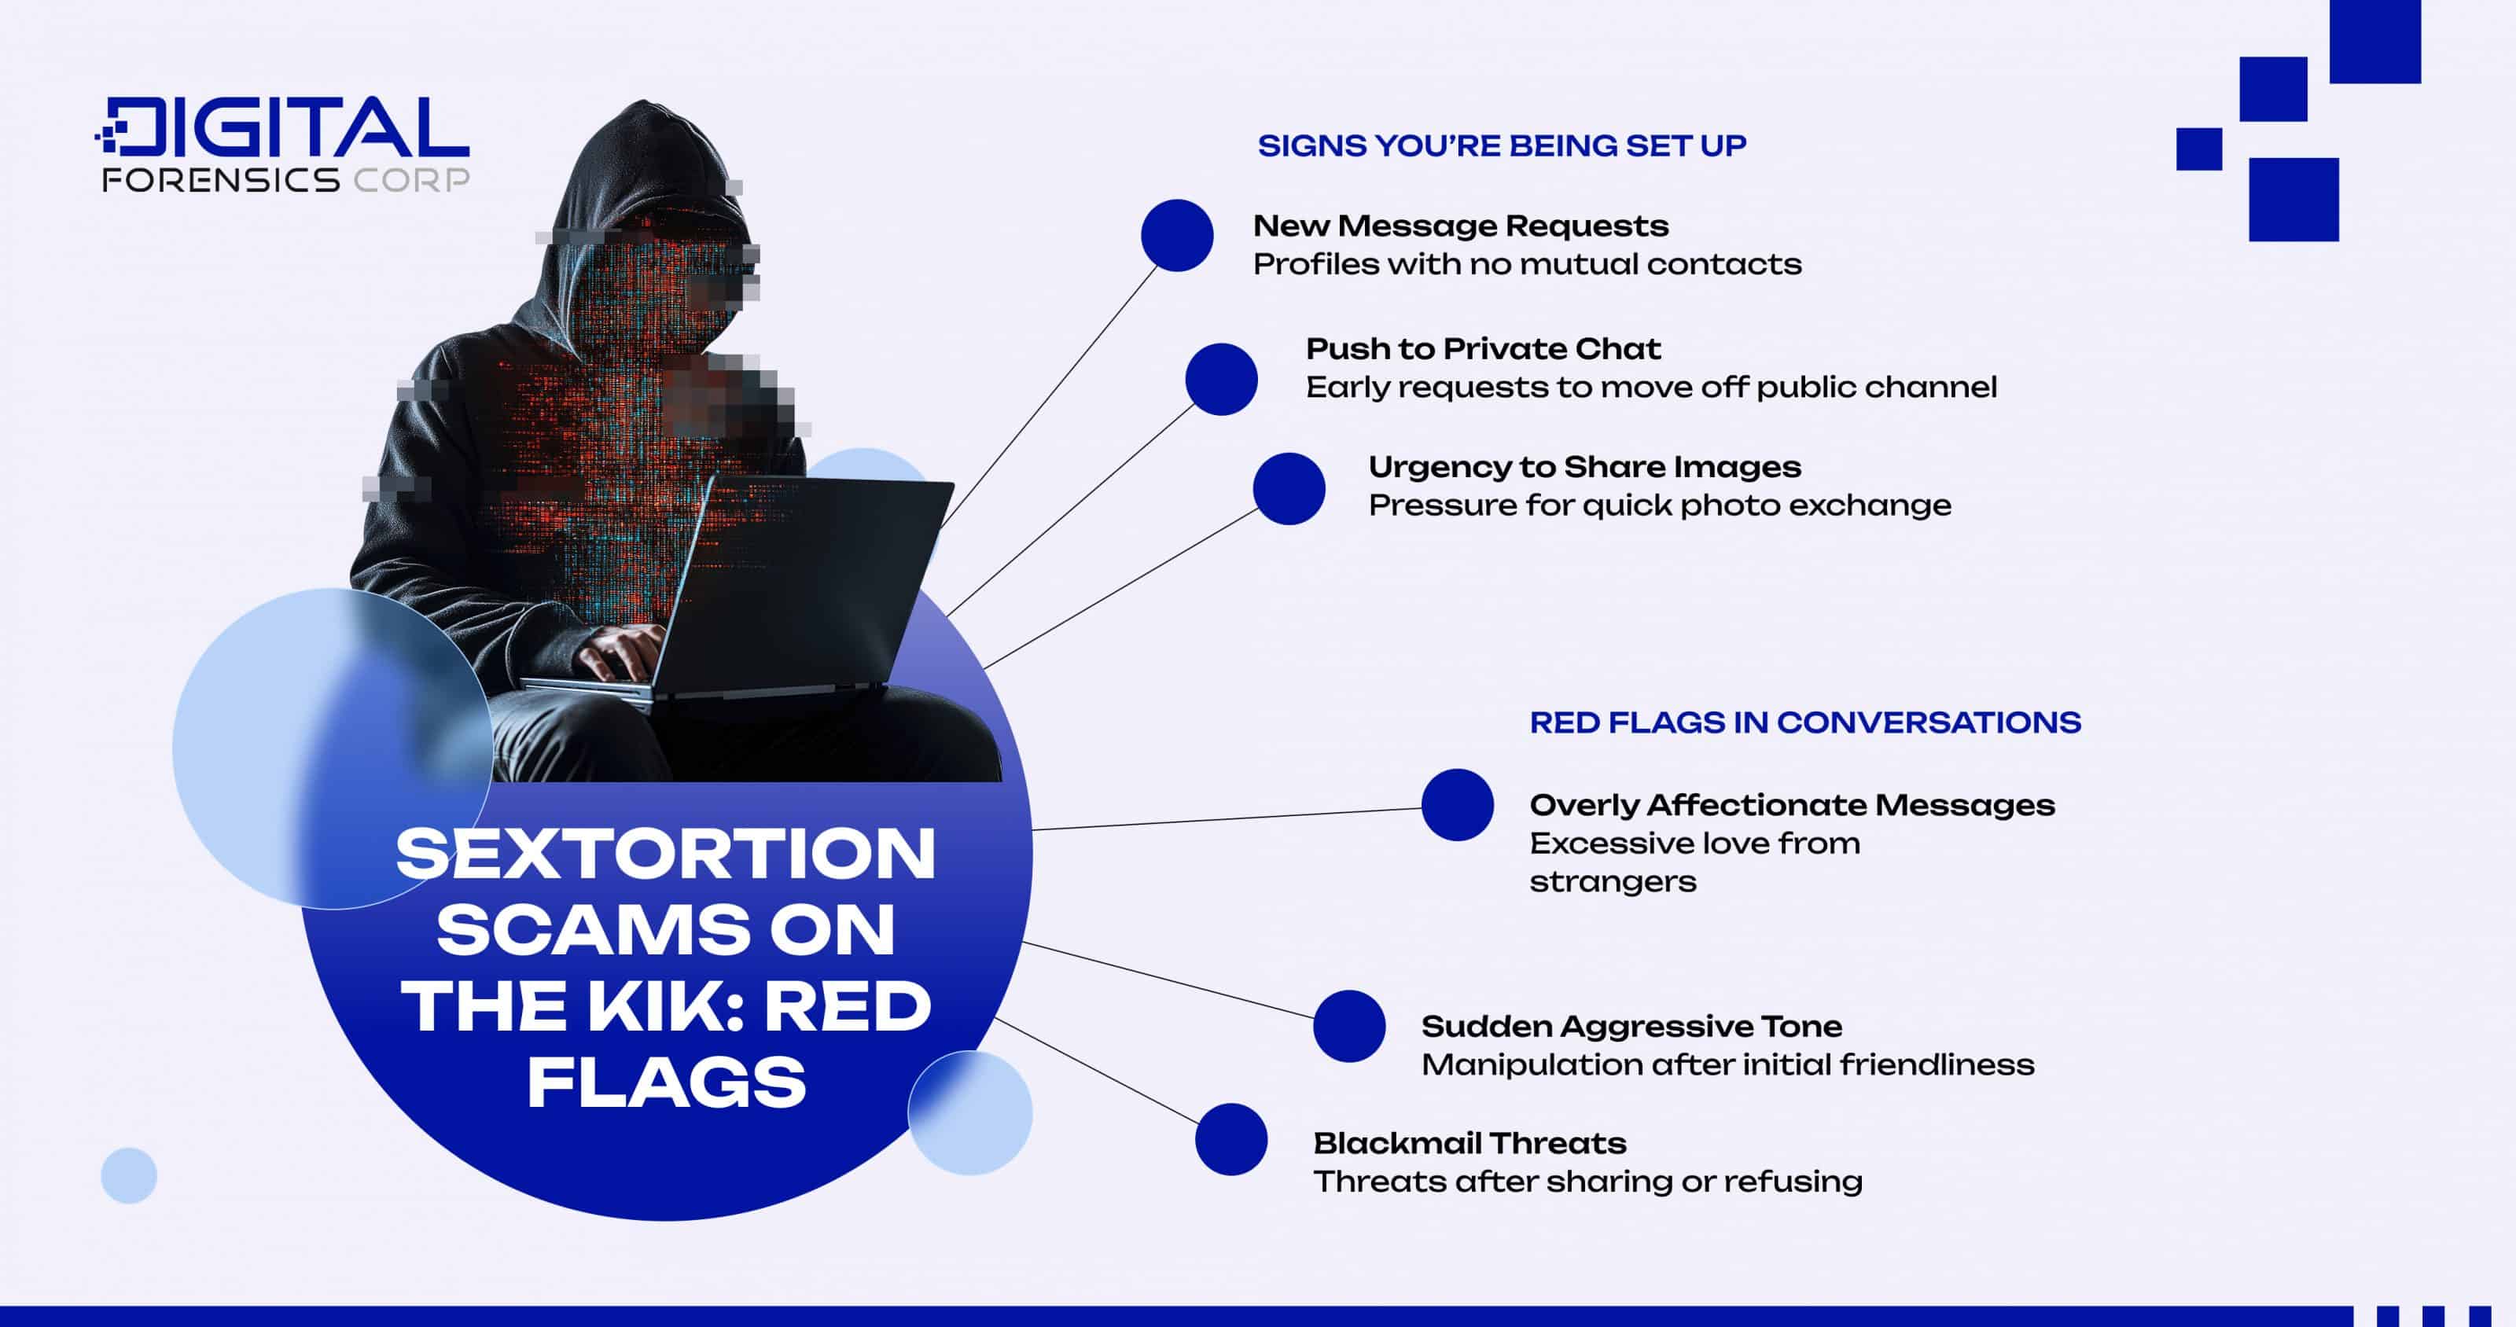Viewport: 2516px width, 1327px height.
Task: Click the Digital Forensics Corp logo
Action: pyautogui.click(x=283, y=145)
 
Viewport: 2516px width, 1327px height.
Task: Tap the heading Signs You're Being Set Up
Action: pyautogui.click(x=1501, y=145)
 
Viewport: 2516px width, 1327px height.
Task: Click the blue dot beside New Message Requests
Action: pyautogui.click(x=1177, y=235)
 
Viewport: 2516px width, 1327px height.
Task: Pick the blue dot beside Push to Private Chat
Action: pyautogui.click(x=1221, y=379)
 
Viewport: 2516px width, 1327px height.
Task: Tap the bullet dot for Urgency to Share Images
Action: pyautogui.click(x=1289, y=488)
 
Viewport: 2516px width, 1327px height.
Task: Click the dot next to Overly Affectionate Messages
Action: pyautogui.click(x=1457, y=804)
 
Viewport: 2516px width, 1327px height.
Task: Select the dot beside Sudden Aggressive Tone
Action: pyautogui.click(x=1349, y=1025)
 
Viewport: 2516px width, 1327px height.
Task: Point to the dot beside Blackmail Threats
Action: pyautogui.click(x=1230, y=1140)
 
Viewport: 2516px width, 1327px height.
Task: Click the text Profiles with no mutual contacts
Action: pyautogui.click(x=1527, y=265)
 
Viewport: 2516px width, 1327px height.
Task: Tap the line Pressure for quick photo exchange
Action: pyautogui.click(x=1658, y=505)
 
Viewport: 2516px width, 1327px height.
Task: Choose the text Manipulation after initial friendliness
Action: pyautogui.click(x=1727, y=1064)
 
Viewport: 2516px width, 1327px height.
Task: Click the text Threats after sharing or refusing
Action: pyautogui.click(x=1587, y=1182)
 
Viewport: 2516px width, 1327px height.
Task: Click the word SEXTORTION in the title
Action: pyautogui.click(x=666, y=854)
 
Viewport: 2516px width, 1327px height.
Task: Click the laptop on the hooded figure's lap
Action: pyautogui.click(x=801, y=586)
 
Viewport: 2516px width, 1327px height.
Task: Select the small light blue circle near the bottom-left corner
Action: pyautogui.click(x=129, y=1174)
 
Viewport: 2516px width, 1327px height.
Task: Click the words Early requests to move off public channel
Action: pyautogui.click(x=1650, y=388)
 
